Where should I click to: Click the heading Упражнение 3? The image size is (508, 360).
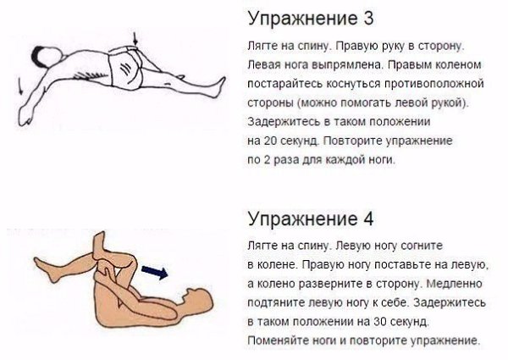tap(311, 19)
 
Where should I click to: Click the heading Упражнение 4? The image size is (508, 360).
tap(311, 219)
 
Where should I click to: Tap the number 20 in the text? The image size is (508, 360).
tap(270, 141)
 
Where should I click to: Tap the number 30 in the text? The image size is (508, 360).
tap(379, 321)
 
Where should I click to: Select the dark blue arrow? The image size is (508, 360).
tap(155, 272)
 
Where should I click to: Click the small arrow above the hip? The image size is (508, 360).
tap(135, 39)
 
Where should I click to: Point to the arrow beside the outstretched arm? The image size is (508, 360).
tap(19, 86)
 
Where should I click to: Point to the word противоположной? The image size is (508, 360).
tap(434, 84)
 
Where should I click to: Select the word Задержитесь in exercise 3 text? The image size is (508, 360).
tap(282, 122)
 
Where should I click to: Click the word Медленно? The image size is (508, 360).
tap(454, 284)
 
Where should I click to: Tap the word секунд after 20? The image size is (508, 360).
tap(298, 141)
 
